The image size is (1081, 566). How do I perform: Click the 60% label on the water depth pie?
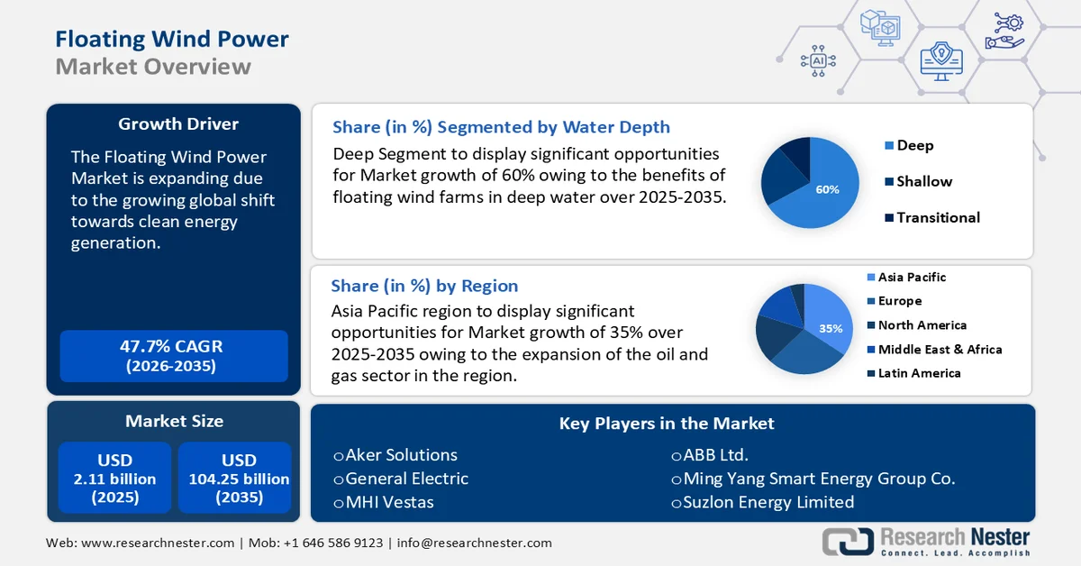point(827,189)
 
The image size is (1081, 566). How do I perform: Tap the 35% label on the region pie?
point(830,329)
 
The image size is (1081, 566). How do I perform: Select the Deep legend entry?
point(914,145)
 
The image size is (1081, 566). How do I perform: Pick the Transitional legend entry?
point(938,217)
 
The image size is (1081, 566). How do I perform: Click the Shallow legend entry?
point(924,181)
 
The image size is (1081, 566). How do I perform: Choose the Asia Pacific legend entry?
point(912,278)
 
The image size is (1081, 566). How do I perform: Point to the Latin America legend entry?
point(919,373)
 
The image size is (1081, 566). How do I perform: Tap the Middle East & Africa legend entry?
point(940,349)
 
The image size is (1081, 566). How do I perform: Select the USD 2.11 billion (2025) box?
point(114,479)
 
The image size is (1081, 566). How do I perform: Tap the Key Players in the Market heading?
point(667,423)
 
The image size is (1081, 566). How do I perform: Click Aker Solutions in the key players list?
point(401,455)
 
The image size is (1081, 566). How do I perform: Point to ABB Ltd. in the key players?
point(715,455)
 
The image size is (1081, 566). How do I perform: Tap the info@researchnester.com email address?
point(474,543)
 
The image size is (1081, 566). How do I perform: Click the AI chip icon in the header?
point(818,60)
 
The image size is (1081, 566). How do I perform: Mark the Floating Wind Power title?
point(172,39)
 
